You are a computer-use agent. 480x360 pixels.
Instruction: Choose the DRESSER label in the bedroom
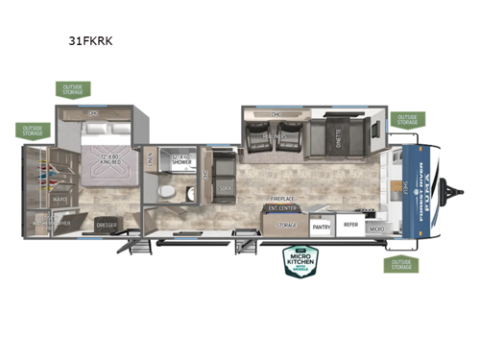tap(107, 227)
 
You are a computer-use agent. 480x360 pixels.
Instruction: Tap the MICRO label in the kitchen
tap(377, 229)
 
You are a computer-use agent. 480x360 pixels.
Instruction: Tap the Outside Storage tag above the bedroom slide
tap(75, 90)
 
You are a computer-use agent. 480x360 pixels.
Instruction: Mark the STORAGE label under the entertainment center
tap(287, 226)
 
